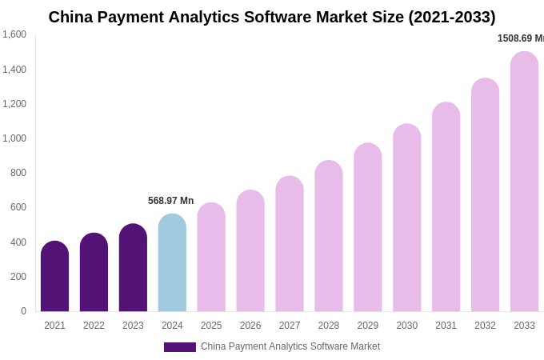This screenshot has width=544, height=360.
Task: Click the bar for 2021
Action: point(54,277)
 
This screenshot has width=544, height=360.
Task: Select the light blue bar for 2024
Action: point(172,263)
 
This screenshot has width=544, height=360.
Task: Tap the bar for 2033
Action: point(524,182)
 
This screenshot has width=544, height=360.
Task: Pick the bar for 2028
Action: point(329,236)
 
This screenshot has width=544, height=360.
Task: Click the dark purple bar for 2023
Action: point(133,268)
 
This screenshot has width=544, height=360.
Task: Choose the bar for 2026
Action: point(250,251)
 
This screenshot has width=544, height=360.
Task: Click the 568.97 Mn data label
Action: point(170,201)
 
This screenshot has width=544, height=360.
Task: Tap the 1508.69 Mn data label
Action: point(520,38)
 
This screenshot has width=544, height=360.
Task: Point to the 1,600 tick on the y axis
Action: point(14,34)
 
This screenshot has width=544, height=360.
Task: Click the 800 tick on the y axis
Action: point(18,173)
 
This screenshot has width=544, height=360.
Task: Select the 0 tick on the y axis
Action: point(23,311)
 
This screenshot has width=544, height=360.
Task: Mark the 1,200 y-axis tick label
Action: point(14,104)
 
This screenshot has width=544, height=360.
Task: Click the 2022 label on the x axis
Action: point(94,326)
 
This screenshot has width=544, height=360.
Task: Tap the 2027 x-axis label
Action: point(290,326)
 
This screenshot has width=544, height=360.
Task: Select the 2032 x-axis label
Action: point(485,326)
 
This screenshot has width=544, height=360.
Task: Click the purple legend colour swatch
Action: point(179,347)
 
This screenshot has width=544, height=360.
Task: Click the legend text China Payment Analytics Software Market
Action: point(290,346)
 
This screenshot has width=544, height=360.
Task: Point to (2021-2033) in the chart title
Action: point(451,17)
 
